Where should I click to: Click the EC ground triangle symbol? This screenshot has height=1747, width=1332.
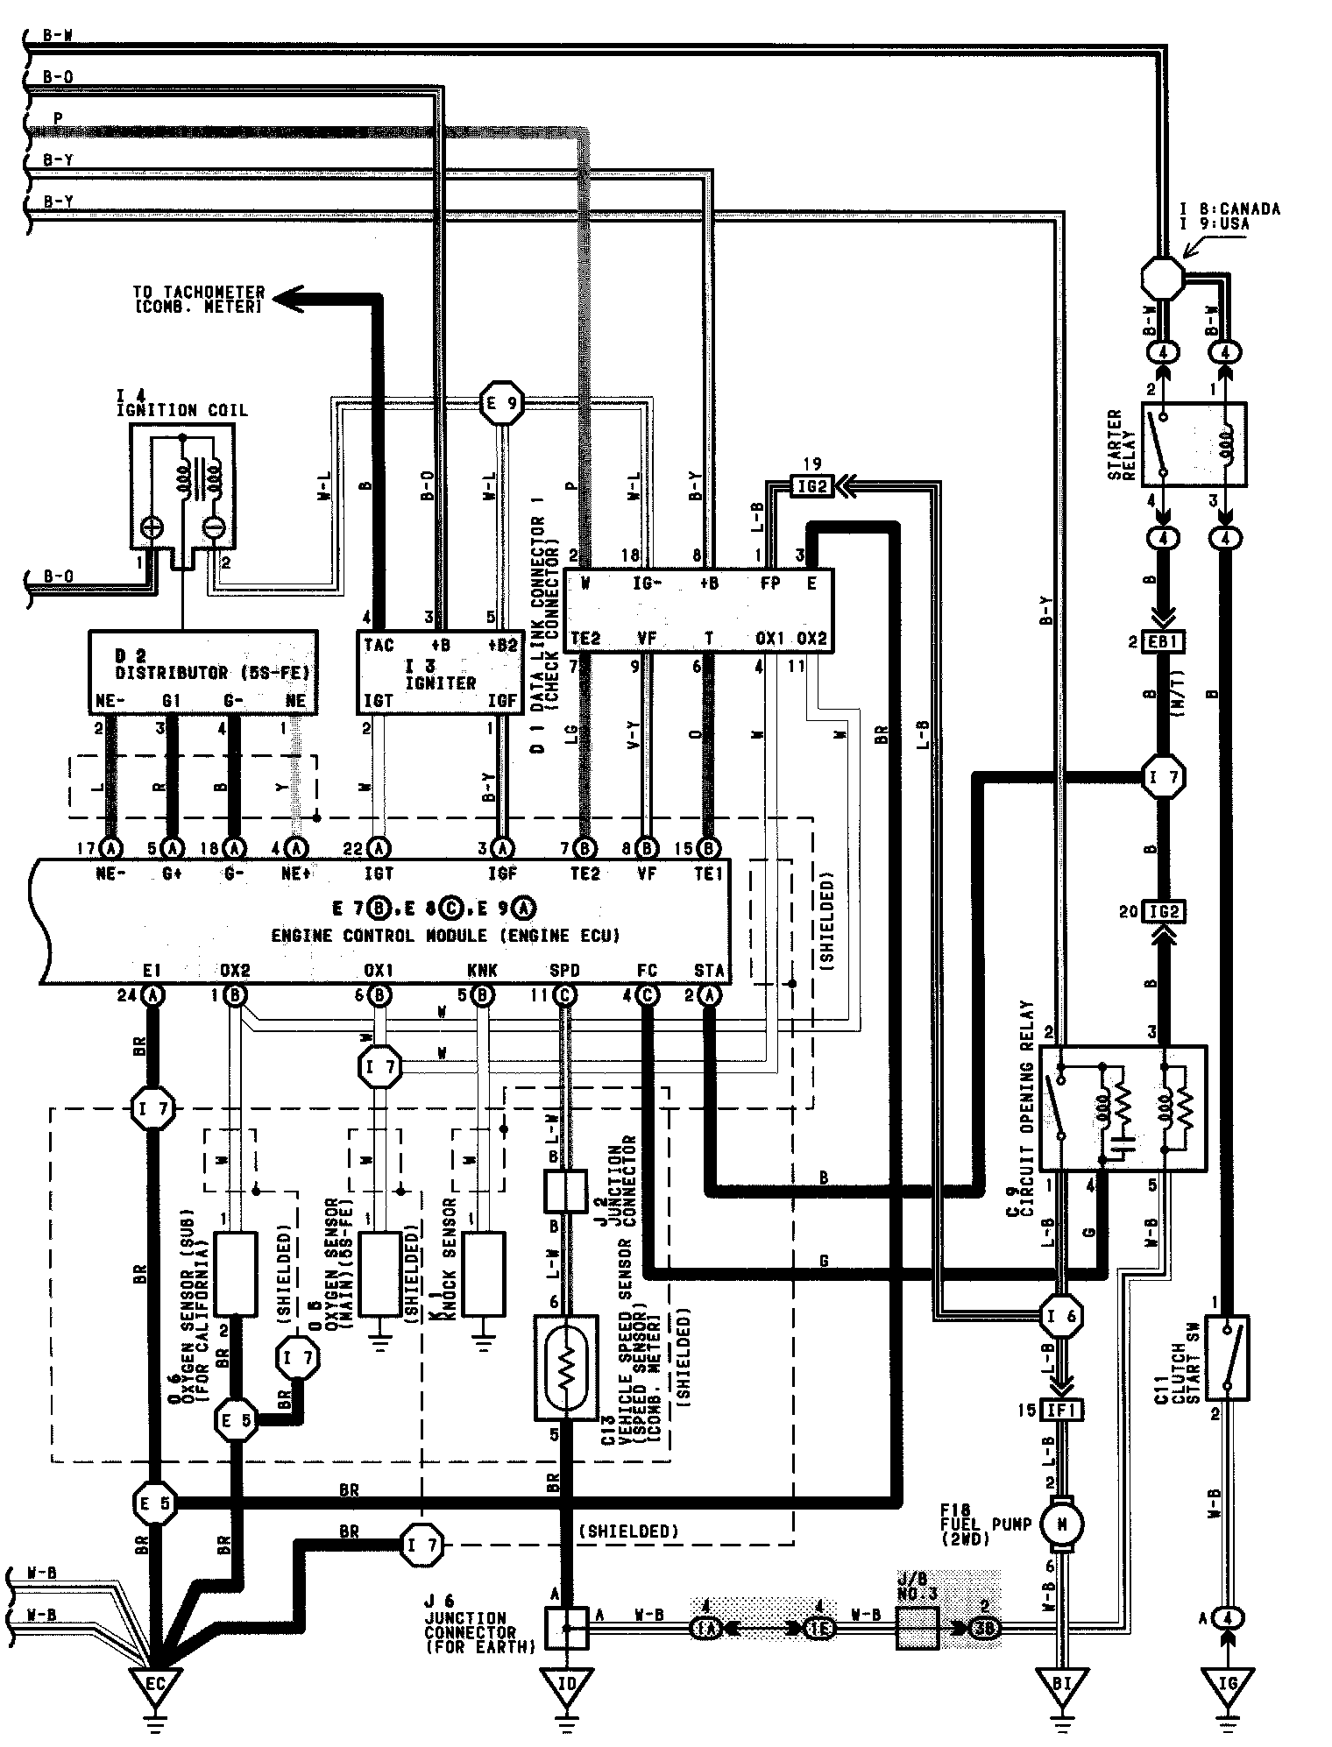point(154,1684)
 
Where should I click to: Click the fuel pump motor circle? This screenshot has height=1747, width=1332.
point(1062,1525)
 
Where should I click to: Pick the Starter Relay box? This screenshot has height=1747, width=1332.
point(1194,445)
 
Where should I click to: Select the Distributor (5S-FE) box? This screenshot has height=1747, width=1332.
point(203,671)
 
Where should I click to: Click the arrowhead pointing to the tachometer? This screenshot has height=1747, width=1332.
point(289,300)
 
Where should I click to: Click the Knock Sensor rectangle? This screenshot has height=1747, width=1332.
point(483,1273)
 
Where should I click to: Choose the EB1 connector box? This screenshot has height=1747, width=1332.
point(1163,641)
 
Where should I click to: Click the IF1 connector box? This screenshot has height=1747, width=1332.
point(1062,1410)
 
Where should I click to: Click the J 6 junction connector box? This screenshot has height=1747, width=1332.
point(566,1628)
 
